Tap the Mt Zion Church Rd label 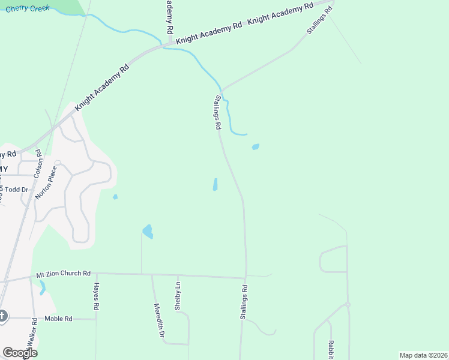[63, 273]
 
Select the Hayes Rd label [96, 296]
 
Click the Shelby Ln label [178, 295]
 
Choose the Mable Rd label [58, 319]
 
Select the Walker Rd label [35, 331]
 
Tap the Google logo [20, 353]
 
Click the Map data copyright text [423, 355]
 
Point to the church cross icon [2, 316]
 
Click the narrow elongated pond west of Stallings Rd [215, 185]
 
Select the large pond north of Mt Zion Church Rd [148, 231]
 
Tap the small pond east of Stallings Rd [256, 146]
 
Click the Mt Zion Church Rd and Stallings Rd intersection [246, 278]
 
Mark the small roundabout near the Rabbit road [347, 305]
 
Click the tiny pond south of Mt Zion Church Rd [42, 289]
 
